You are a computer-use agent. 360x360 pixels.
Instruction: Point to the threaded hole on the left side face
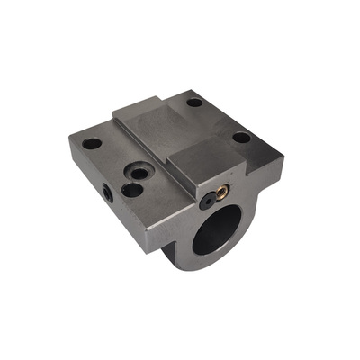108,191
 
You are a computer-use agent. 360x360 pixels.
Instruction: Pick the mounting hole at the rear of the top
194,103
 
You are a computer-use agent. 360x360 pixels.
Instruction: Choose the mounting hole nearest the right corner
241,139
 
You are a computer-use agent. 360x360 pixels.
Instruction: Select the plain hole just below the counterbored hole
132,190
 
